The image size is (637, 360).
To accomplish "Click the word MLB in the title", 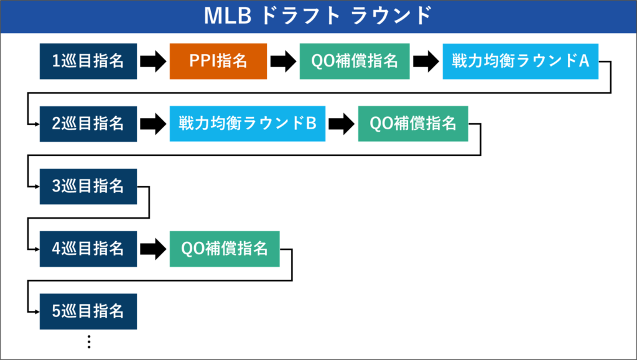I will pos(227,16).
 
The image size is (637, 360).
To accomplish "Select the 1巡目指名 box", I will pos(88,61).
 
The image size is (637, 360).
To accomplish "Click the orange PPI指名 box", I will pos(218,61).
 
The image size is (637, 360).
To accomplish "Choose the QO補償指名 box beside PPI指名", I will pos(355,61).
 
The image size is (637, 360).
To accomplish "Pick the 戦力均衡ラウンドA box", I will pos(520,61).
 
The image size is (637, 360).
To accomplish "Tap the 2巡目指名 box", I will pos(88,124).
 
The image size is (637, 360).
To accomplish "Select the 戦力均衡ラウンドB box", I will pos(247,124).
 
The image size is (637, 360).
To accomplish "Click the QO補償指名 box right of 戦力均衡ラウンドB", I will pos(413,124).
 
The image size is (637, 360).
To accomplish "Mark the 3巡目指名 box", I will pos(88,186).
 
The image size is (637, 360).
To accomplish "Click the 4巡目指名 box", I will pos(88,249).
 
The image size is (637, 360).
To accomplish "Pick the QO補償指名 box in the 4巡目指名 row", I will pos(225,249).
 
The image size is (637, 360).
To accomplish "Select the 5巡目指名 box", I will pos(88,311).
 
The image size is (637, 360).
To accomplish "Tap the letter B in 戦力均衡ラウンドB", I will pos(312,124).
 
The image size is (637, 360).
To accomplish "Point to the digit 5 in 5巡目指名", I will pos(55,311).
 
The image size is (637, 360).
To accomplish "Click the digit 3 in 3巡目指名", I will pos(55,186).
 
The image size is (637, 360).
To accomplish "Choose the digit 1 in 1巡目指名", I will pos(55,61).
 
